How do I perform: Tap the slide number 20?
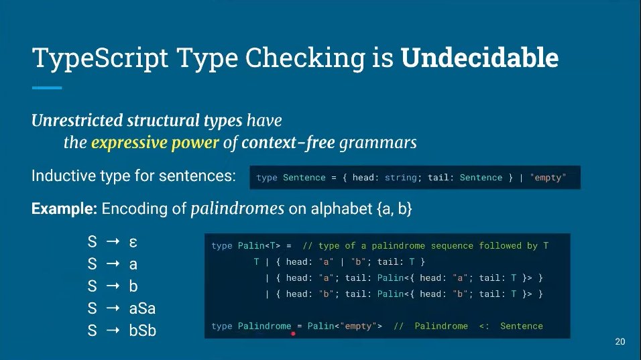(x=620, y=343)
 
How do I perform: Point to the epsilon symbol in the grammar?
(x=133, y=242)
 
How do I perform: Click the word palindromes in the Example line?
(x=238, y=208)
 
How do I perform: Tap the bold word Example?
(x=64, y=209)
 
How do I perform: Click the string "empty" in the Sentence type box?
(x=548, y=178)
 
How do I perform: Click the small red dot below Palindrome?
(x=293, y=332)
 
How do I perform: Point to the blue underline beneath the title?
(x=47, y=88)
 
